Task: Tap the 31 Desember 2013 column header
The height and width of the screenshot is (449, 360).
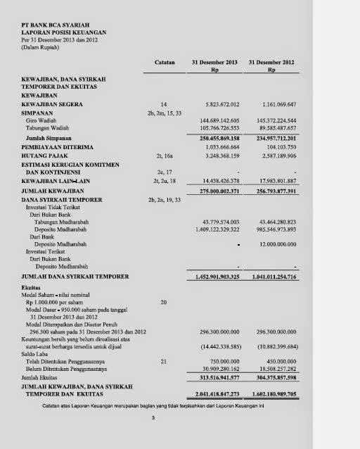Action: (216, 63)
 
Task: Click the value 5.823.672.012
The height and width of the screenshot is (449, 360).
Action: (219, 104)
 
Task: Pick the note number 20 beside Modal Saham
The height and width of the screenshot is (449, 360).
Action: (163, 302)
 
